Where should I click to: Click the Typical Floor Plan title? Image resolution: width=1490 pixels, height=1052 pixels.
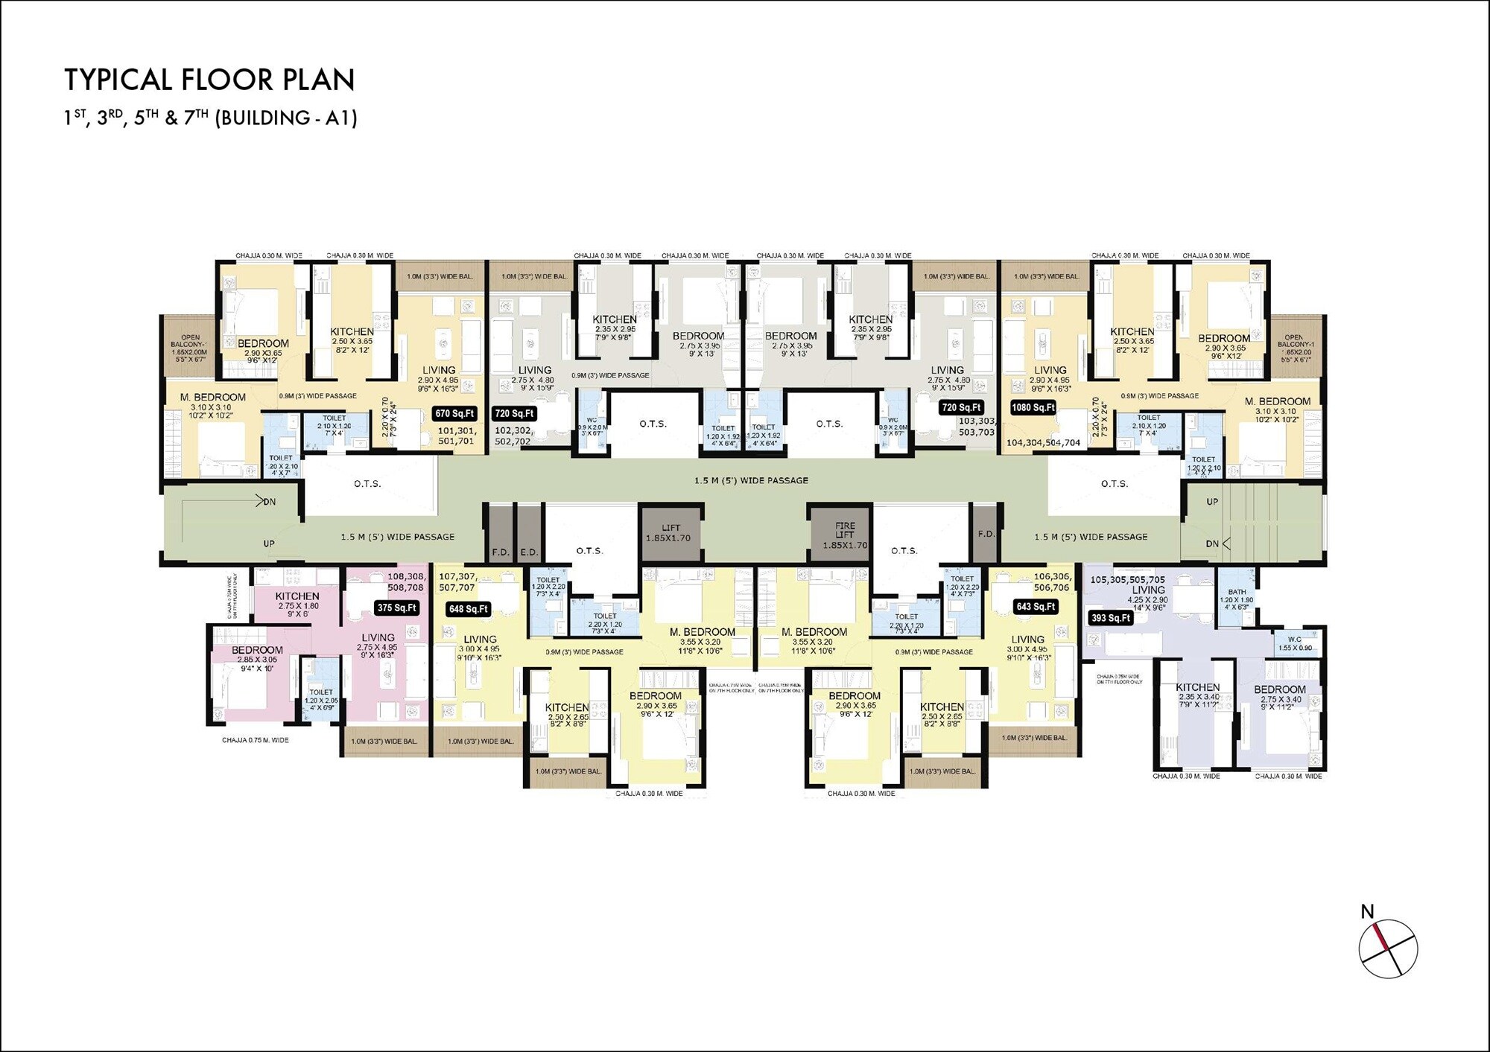pos(209,80)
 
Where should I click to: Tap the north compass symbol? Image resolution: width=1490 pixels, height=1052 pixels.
pos(1387,948)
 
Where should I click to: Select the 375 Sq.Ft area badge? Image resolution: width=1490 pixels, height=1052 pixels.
pos(396,608)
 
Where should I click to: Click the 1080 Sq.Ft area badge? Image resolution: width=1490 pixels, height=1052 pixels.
pos(1033,407)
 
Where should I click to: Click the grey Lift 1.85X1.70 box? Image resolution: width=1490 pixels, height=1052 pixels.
pos(670,533)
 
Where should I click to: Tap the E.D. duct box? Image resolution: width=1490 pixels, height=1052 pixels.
pos(528,552)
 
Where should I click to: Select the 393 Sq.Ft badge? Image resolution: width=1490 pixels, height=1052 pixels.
pos(1110,617)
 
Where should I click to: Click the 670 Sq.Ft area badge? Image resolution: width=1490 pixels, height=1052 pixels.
pos(454,413)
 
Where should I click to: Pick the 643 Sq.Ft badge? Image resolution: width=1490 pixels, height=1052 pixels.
pos(1035,607)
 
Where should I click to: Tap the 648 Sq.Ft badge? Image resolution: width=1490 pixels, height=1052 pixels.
pos(468,609)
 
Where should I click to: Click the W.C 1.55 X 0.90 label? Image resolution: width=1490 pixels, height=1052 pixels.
pos(1295,643)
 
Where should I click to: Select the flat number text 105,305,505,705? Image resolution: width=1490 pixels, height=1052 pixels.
pos(1127,579)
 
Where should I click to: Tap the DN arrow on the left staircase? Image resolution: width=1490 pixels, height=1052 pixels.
pos(264,501)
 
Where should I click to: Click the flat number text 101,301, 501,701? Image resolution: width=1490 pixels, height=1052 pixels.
pos(456,436)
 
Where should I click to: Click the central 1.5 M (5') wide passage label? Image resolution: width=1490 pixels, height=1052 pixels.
pos(751,480)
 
